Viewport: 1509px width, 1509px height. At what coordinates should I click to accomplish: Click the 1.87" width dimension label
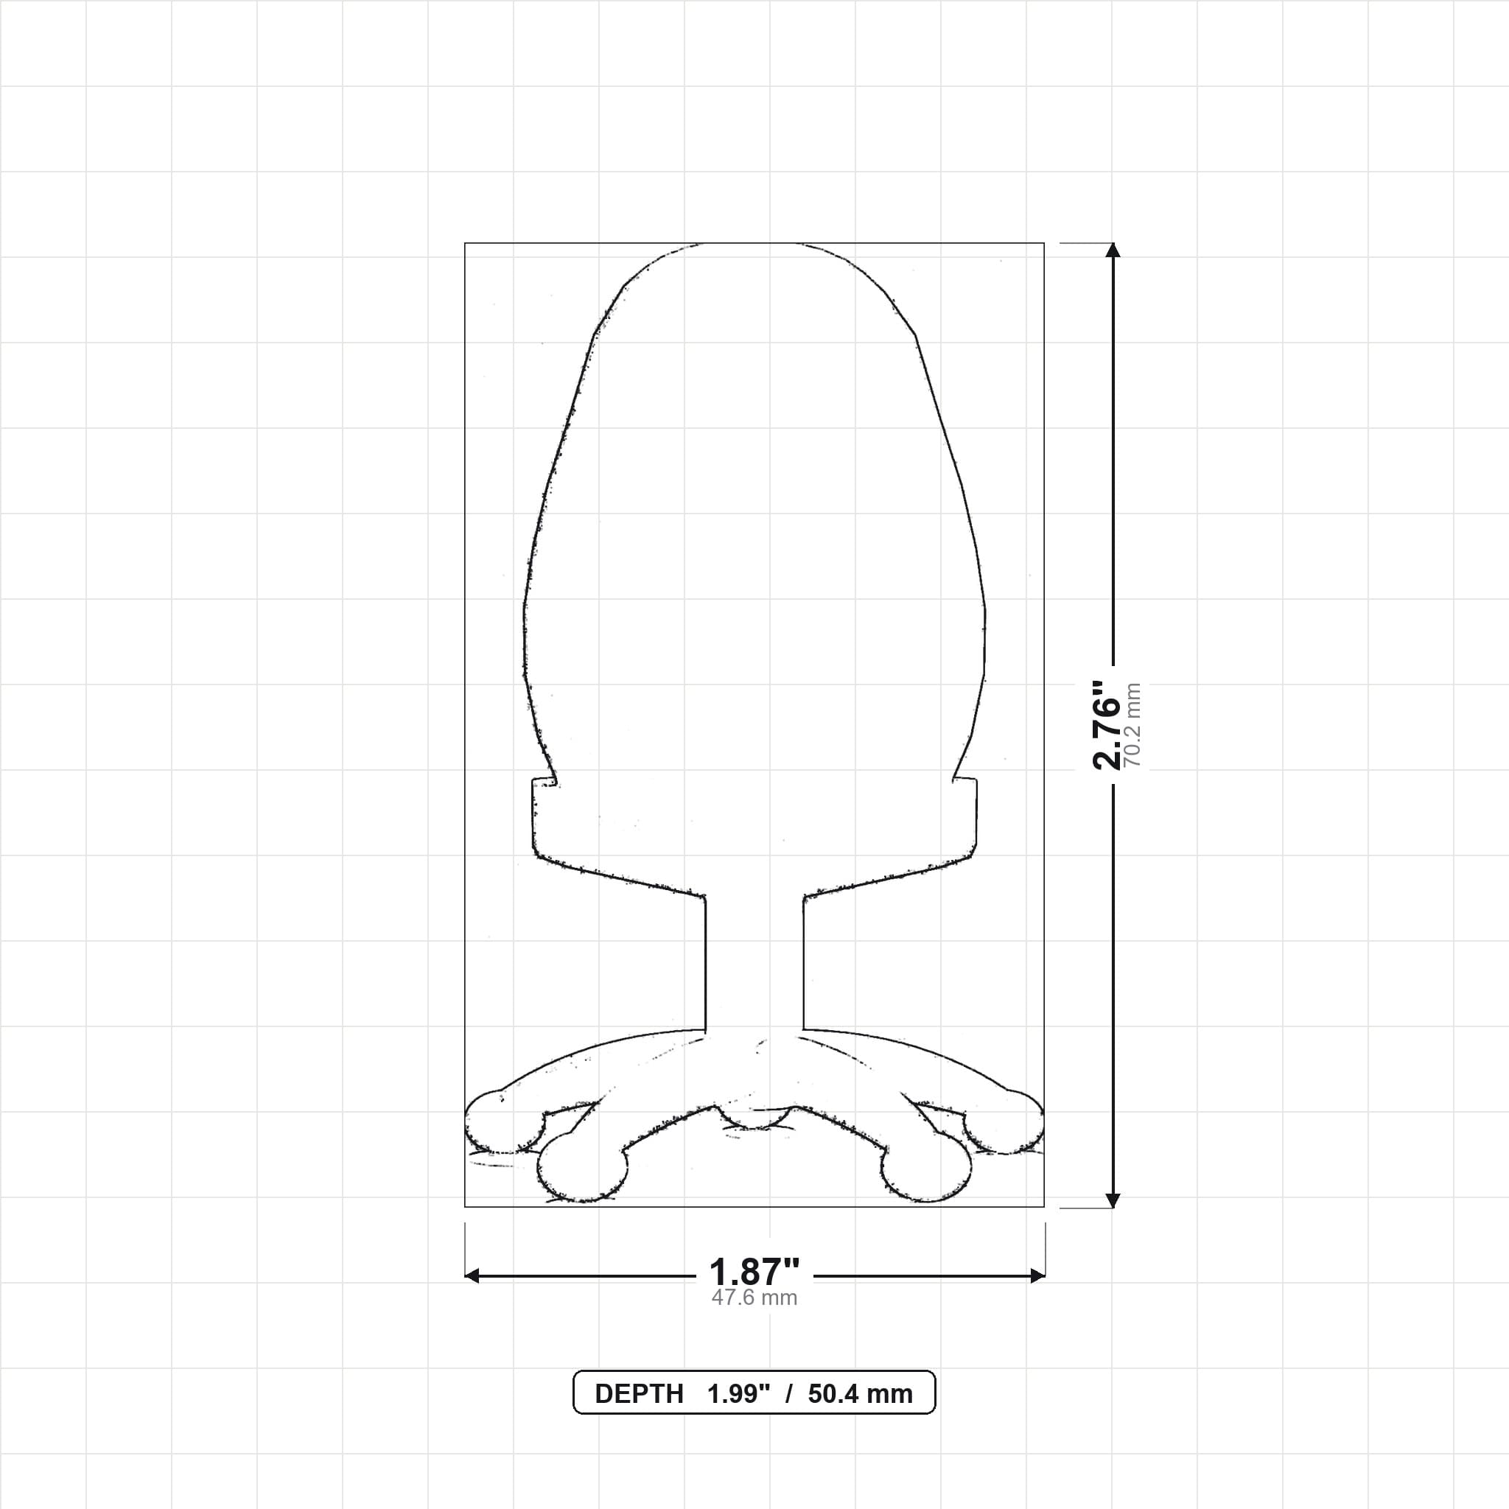click(x=754, y=1272)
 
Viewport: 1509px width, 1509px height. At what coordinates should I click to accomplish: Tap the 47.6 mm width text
click(x=754, y=1298)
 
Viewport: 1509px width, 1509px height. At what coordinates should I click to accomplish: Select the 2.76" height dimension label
click(x=1107, y=726)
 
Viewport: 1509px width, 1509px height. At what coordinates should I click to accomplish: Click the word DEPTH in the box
click(x=639, y=1393)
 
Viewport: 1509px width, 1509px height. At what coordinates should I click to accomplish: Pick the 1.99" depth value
click(x=739, y=1393)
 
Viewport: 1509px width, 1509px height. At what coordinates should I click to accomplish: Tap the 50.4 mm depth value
click(x=861, y=1393)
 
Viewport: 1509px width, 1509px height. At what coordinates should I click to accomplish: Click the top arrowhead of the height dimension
click(x=1114, y=250)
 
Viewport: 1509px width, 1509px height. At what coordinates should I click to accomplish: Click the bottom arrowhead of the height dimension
click(x=1114, y=1200)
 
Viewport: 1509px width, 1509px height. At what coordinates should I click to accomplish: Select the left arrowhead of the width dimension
click(x=472, y=1276)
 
